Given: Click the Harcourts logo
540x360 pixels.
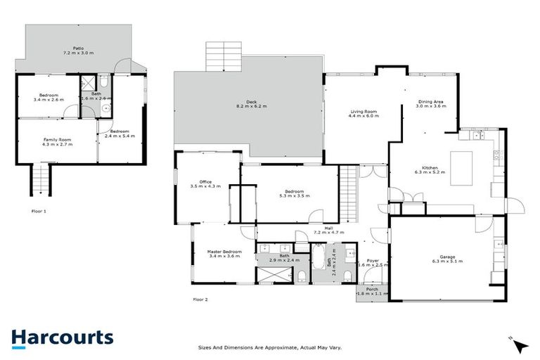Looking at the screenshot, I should click(62, 337).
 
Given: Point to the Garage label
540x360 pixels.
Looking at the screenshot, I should click(444, 257).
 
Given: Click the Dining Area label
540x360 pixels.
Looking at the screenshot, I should click(430, 104).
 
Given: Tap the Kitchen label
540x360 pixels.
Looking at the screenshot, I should click(426, 170).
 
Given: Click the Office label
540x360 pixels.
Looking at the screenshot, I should click(205, 184).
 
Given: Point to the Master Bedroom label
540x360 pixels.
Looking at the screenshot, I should click(224, 254).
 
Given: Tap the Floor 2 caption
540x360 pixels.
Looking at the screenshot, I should click(200, 300).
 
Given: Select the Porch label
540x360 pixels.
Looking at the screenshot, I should click(372, 290).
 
